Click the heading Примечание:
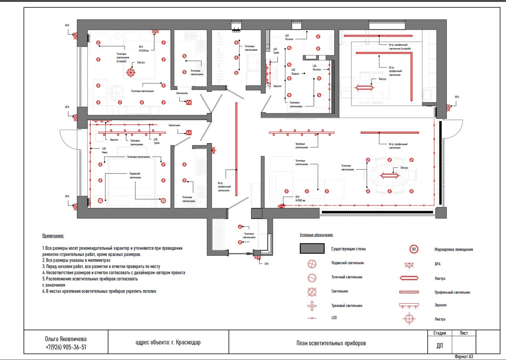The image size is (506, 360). click(x=53, y=236)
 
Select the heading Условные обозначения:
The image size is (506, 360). click(x=316, y=235)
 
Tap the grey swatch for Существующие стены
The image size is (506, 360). click(x=312, y=249)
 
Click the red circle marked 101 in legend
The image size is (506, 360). click(x=414, y=249)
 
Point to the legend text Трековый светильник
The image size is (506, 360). click(x=347, y=306)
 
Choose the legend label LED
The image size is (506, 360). click(x=334, y=318)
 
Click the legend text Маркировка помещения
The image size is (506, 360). click(x=454, y=250)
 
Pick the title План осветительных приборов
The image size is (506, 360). click(x=331, y=343)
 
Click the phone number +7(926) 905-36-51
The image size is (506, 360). click(x=66, y=347)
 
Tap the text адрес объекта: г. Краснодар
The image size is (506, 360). click(x=168, y=343)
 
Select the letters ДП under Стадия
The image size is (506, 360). click(x=440, y=346)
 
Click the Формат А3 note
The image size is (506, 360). click(x=464, y=357)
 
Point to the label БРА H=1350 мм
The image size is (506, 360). click(x=143, y=49)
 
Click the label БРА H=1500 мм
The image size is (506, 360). click(x=300, y=199)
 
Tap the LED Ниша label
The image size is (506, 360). click(x=104, y=150)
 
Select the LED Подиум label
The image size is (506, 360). click(x=295, y=72)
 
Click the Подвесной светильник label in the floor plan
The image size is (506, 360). click(x=135, y=176)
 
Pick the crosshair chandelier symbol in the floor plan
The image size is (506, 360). click(x=131, y=72)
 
